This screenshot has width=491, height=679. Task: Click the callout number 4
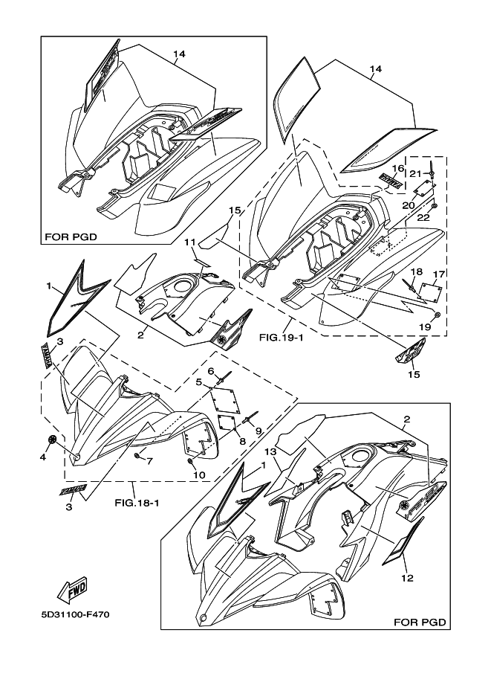pyautogui.click(x=42, y=457)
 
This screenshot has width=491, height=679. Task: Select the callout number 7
pyautogui.click(x=149, y=462)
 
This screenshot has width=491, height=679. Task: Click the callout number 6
pyautogui.click(x=211, y=371)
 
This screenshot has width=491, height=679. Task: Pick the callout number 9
pyautogui.click(x=259, y=431)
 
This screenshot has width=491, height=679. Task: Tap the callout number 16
pyautogui.click(x=398, y=169)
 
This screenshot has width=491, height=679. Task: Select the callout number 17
pyautogui.click(x=439, y=274)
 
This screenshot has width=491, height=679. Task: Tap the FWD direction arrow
pyautogui.click(x=74, y=591)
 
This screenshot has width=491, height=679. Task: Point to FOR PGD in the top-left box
pyautogui.click(x=71, y=238)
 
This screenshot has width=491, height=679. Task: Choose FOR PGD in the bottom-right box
pyautogui.click(x=420, y=620)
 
